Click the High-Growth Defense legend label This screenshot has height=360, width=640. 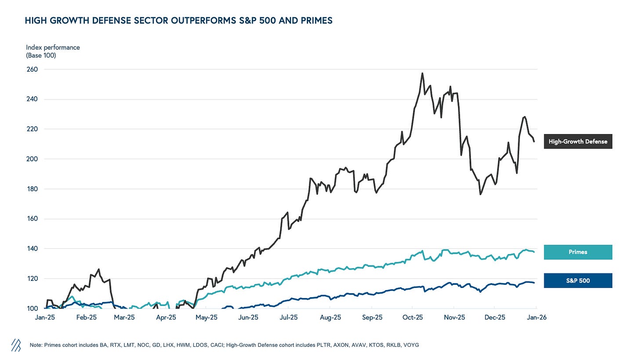[x=578, y=142]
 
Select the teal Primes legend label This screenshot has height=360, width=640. [x=578, y=252]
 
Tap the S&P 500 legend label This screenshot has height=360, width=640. [x=578, y=280]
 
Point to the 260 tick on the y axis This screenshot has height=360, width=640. [x=33, y=69]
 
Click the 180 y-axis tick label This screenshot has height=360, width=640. [x=33, y=189]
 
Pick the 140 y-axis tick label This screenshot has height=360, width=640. [x=33, y=249]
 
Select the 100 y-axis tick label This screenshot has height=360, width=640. [x=33, y=309]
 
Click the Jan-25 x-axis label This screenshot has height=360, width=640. [x=45, y=317]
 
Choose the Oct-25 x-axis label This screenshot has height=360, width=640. [x=413, y=317]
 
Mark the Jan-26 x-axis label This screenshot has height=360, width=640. [x=536, y=317]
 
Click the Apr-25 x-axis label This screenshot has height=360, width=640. [x=166, y=317]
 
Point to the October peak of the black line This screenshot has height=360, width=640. [x=422, y=73]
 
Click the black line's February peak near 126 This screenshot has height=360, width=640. [x=99, y=269]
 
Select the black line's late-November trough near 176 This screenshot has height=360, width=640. [x=480, y=194]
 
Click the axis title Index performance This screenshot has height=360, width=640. [x=53, y=47]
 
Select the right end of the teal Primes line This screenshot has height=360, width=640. [x=534, y=251]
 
